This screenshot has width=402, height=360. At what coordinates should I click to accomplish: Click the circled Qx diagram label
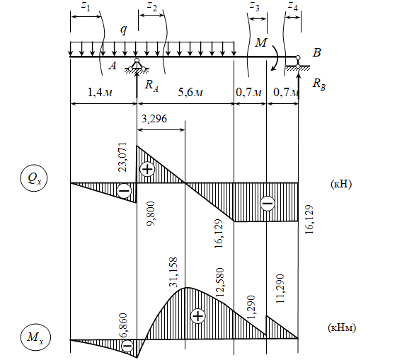point(33,178)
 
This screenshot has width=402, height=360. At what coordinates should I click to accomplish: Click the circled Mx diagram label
point(35,337)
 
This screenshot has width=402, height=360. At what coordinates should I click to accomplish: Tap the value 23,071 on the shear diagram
point(122,157)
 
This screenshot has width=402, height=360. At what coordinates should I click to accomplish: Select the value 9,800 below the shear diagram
point(151,214)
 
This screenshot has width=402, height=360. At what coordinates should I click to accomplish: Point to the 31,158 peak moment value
point(173,272)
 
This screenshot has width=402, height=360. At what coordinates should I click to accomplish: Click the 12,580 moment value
point(219,282)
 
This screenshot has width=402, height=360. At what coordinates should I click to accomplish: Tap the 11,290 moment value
point(280,289)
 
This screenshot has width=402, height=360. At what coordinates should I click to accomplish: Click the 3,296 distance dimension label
point(154,119)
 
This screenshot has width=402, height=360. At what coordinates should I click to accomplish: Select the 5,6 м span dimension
point(190,92)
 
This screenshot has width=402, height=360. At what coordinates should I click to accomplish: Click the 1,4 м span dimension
point(100,92)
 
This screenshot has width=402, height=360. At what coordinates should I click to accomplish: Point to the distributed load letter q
point(124,30)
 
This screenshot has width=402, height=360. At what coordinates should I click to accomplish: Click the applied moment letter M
point(261,42)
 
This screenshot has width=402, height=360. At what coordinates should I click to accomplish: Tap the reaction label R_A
point(151,85)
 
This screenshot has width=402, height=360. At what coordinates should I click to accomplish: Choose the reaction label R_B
point(319,83)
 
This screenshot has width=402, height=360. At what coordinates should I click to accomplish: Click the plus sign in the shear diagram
point(147,169)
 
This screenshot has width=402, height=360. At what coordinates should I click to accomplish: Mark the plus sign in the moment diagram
point(198,316)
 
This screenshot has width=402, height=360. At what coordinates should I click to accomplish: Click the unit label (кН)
point(341,184)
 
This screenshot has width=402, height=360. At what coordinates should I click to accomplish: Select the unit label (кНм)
point(342,327)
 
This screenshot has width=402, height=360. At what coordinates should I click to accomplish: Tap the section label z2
point(152,6)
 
